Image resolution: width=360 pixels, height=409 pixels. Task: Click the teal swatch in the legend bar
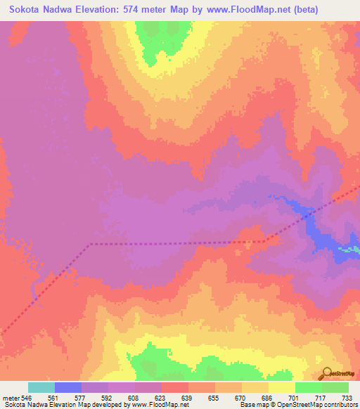coord(41,388)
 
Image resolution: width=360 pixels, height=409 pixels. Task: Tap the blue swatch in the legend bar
coord(68,388)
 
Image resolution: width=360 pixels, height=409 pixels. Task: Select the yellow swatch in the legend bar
coord(282,388)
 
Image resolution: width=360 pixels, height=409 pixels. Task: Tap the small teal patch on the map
coord(349,249)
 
